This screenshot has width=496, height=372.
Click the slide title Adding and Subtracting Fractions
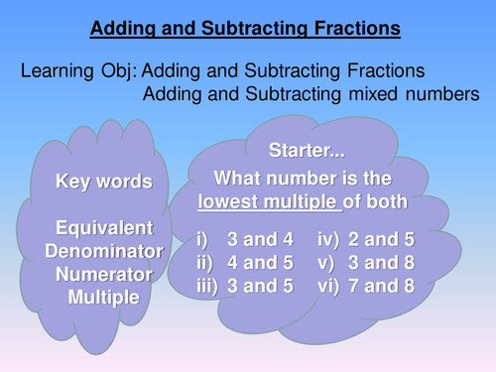[246, 29]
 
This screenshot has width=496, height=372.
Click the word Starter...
[306, 151]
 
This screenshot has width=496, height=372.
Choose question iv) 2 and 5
[364, 239]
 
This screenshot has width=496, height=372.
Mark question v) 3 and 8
[364, 263]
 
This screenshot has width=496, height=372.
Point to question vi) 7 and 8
[364, 287]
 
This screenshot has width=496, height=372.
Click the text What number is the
[304, 179]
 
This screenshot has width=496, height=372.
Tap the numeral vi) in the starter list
[329, 287]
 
